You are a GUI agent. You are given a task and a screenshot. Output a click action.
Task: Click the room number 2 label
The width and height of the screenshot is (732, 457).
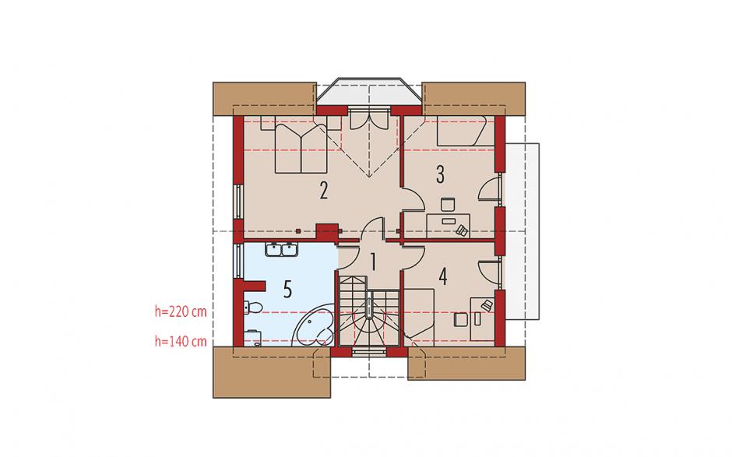pos(323,191)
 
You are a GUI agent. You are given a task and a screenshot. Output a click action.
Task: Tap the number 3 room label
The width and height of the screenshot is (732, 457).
pos(440,174)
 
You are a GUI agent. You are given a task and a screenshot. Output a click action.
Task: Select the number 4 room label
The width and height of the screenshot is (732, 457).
pos(442,276)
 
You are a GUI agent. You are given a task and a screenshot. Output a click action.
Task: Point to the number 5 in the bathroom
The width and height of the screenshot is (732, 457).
pos(287,290)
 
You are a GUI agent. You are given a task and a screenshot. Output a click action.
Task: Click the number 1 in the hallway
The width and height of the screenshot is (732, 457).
pos(373,262)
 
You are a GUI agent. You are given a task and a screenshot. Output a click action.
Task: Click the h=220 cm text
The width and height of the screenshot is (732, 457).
pos(181,311)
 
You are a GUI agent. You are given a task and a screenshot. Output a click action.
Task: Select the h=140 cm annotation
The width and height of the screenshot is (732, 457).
pos(181,341)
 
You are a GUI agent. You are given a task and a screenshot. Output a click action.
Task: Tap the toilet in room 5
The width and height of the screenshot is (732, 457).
pos(253,308)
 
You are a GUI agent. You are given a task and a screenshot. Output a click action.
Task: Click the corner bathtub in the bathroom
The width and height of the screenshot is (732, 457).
pos(313,329)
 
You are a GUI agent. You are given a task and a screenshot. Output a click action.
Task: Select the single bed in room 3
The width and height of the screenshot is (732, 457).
pos(462,131)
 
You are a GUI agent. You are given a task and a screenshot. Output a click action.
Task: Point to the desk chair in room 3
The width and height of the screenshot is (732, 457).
pos(449,204)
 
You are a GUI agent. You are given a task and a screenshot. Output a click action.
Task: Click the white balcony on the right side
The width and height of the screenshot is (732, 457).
pos(522,231)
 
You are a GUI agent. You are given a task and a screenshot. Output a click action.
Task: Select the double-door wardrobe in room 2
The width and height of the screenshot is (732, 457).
pos(369,121)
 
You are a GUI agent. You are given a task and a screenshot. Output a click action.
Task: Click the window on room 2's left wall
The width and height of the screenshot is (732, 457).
pos(238,201)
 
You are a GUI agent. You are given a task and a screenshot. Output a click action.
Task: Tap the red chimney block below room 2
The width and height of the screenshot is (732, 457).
pos(327,232)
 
